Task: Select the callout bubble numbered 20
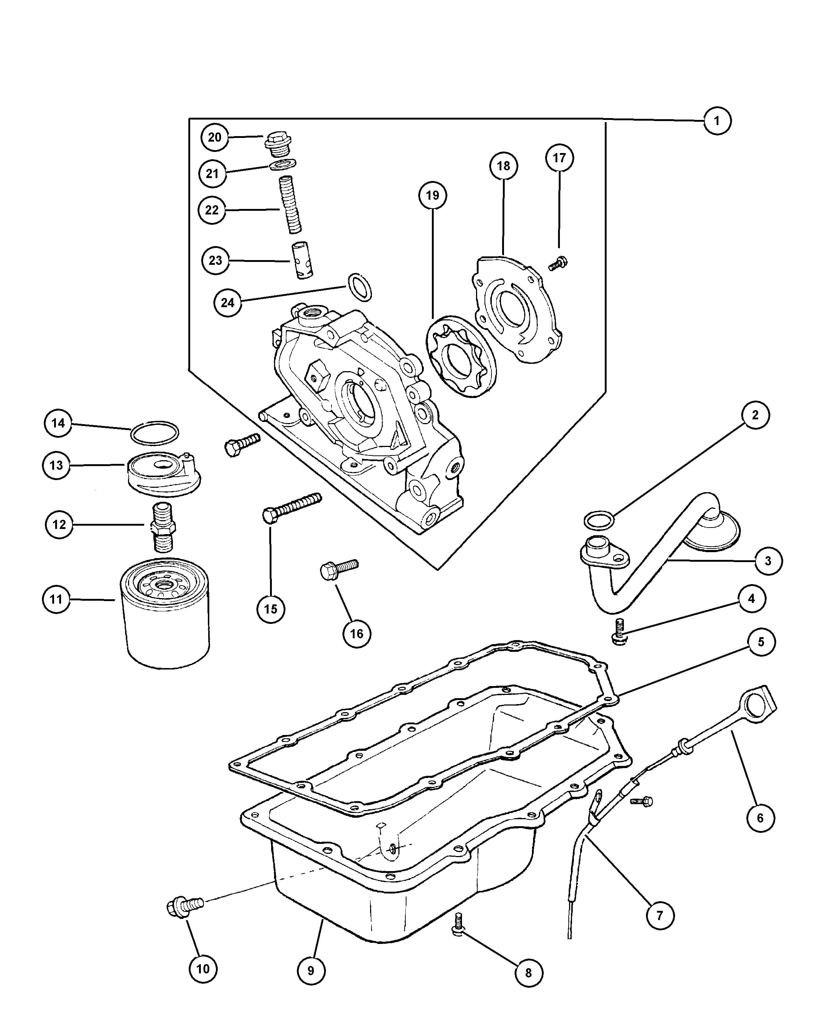(x=214, y=137)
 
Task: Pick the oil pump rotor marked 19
(x=461, y=356)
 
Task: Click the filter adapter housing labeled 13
(x=163, y=474)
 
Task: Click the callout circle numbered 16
(x=357, y=633)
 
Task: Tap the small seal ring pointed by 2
(x=599, y=520)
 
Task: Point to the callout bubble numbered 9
(x=311, y=970)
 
